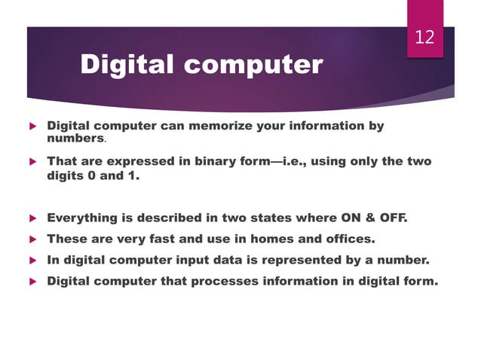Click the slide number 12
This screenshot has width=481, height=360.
[x=425, y=36]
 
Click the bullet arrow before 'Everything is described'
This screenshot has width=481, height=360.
[x=32, y=218]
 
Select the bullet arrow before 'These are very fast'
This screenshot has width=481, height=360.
[x=32, y=239]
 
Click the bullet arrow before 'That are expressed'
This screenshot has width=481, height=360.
[x=32, y=161]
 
